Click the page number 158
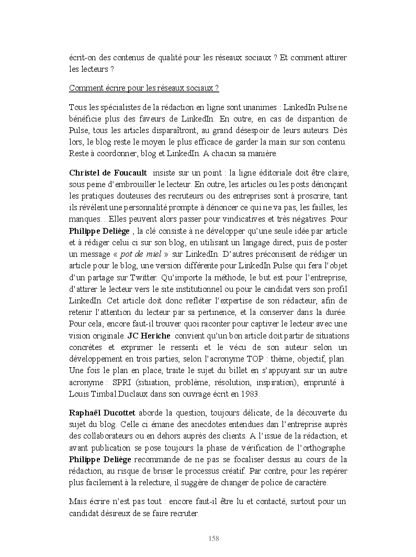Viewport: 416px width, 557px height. point(213,539)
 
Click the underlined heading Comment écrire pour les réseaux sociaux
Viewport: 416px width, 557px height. point(143,88)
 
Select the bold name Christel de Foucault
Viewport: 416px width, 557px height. point(107,173)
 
